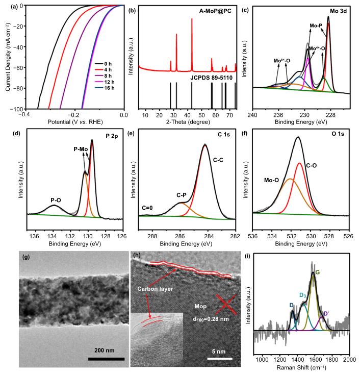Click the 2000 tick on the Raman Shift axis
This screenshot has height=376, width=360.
tap(349, 360)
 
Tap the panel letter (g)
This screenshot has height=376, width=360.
tap(25, 257)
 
